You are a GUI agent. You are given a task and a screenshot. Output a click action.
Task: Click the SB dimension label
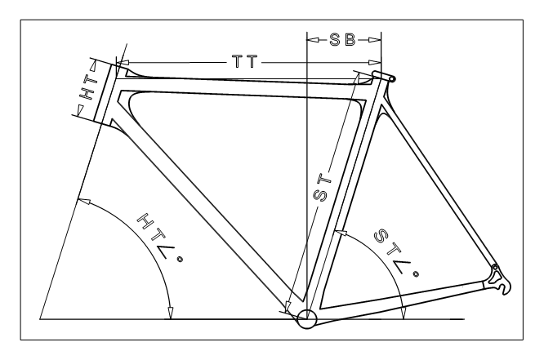pyautogui.click(x=342, y=39)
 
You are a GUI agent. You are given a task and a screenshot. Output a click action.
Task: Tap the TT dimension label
pyautogui.click(x=245, y=62)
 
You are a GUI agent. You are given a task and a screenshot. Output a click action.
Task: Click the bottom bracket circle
pyautogui.click(x=306, y=319)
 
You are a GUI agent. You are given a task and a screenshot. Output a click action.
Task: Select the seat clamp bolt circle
pyautogui.click(x=392, y=79)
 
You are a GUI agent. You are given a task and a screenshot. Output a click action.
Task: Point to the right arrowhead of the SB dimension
pyautogui.click(x=375, y=40)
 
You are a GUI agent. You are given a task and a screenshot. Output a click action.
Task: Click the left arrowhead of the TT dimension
pyautogui.click(x=123, y=62)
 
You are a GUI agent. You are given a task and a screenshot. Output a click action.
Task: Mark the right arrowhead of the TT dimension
pyautogui.click(x=375, y=62)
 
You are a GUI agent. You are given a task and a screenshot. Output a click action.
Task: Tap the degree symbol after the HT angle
pyautogui.click(x=180, y=259)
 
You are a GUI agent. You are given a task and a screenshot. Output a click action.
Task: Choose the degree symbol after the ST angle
pyautogui.click(x=416, y=274)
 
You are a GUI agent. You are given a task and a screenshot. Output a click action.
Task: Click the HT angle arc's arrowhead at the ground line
pyautogui.click(x=170, y=313)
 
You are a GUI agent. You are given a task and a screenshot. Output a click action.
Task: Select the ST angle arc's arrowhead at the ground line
pyautogui.click(x=403, y=313)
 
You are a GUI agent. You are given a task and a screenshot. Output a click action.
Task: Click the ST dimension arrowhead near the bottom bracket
pyautogui.click(x=288, y=307)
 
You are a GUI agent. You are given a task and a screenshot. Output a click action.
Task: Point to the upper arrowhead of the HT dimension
pyautogui.click(x=93, y=64)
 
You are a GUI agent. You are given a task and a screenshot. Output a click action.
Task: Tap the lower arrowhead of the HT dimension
pyautogui.click(x=80, y=110)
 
